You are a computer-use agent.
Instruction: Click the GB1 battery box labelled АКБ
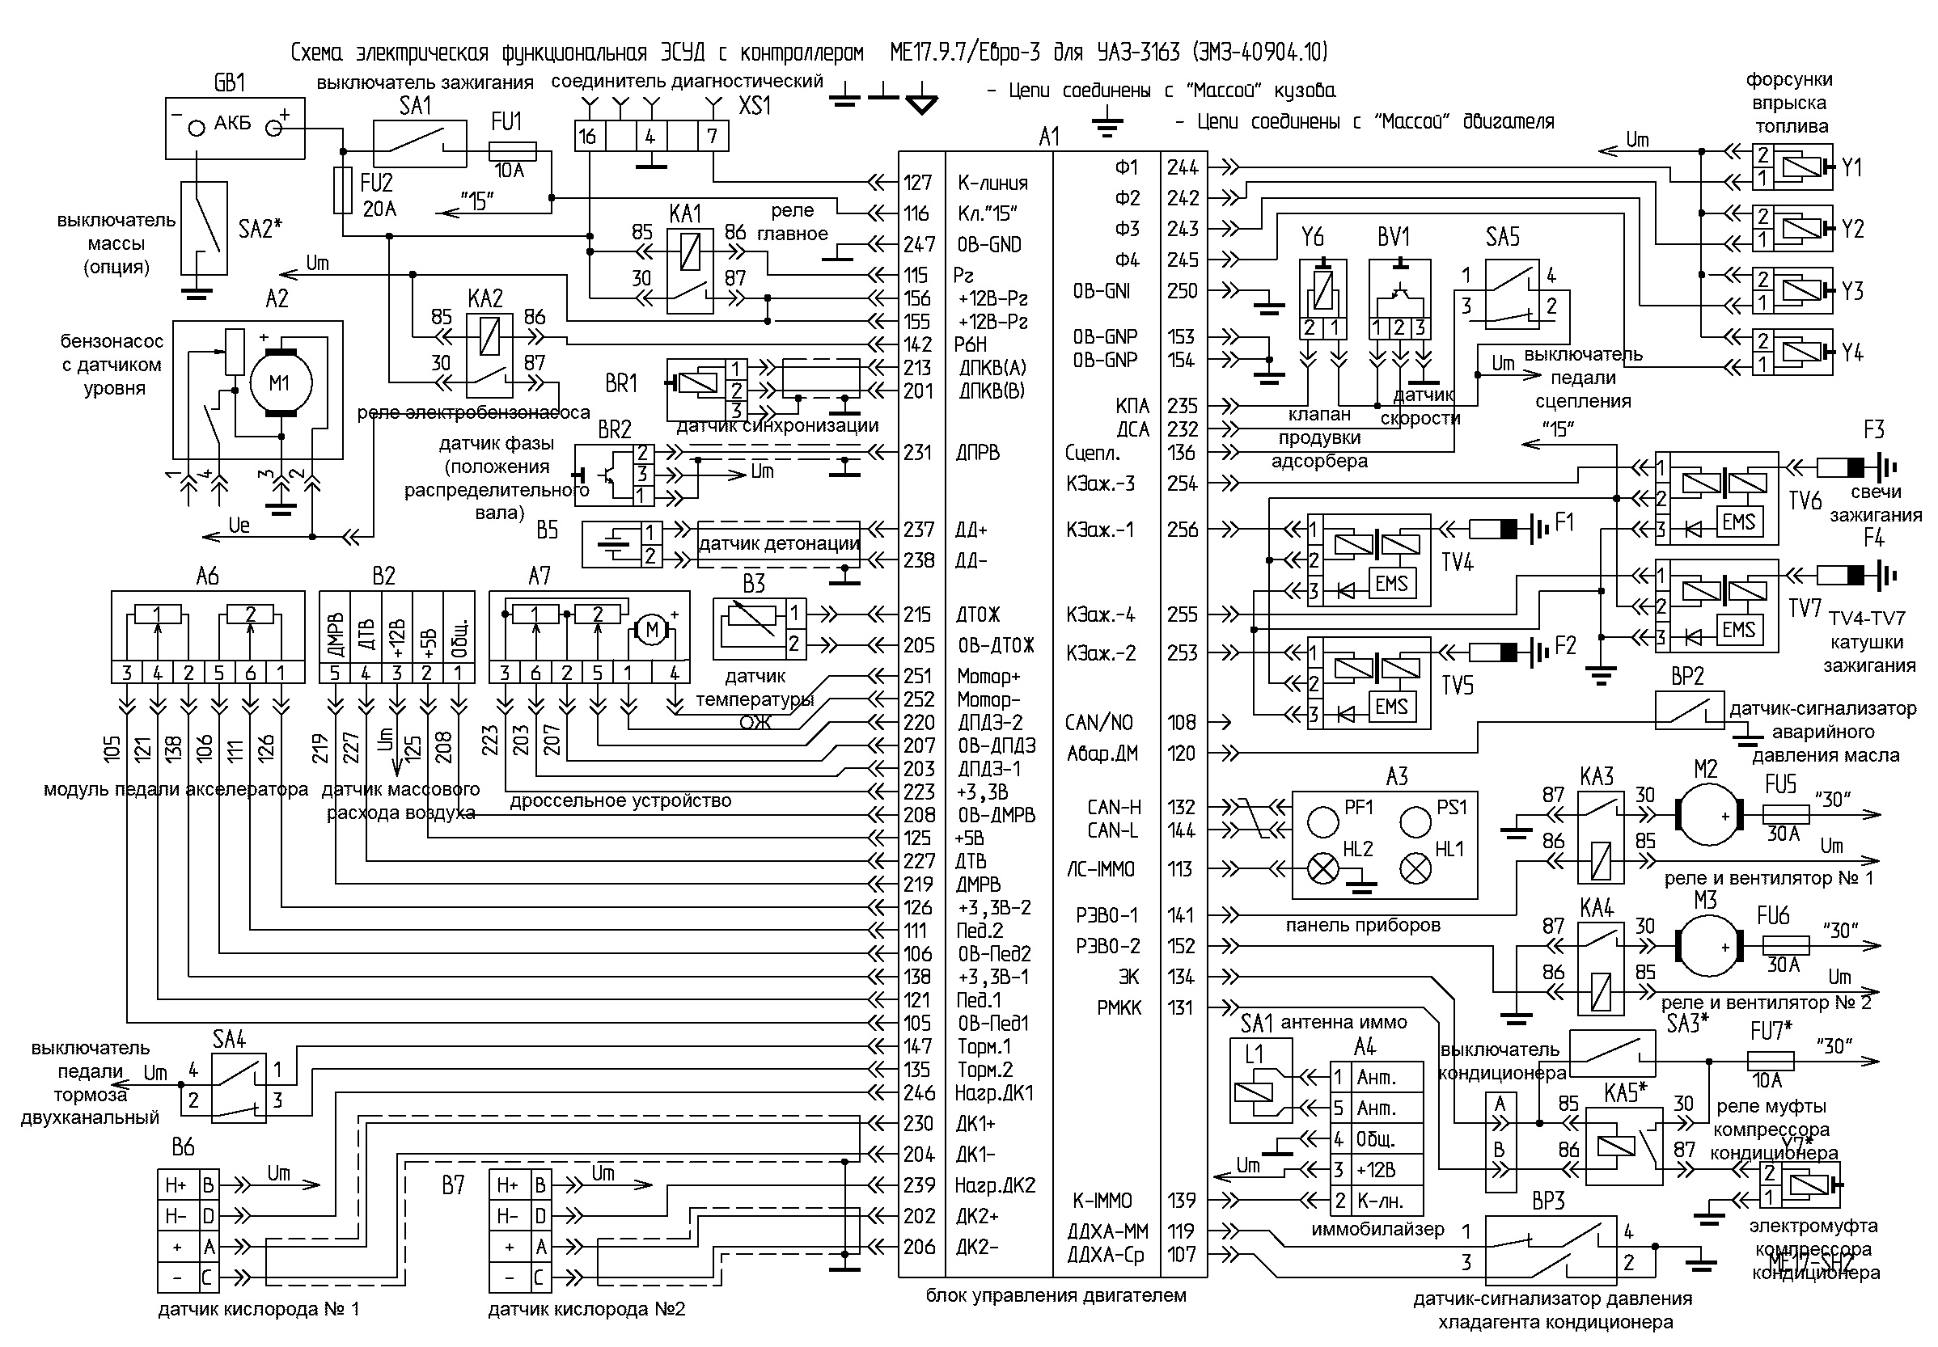pyautogui.click(x=234, y=129)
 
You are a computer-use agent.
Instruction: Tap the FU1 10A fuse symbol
pyautogui.click(x=512, y=151)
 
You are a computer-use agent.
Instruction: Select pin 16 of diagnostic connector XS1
pyautogui.click(x=588, y=136)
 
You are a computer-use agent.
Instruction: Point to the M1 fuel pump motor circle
pyautogui.click(x=279, y=384)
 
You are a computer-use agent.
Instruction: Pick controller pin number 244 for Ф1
pyautogui.click(x=1183, y=168)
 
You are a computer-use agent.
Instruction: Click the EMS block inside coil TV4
pyautogui.click(x=1391, y=584)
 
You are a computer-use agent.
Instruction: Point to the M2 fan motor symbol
pyautogui.click(x=1707, y=815)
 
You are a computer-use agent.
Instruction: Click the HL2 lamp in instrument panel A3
pyautogui.click(x=1322, y=868)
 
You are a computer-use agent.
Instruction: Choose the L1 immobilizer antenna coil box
pyautogui.click(x=1259, y=1081)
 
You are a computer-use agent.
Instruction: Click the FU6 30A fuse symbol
pyautogui.click(x=1785, y=945)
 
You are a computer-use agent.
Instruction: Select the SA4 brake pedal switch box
pyautogui.click(x=237, y=1087)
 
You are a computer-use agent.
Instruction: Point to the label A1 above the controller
pyautogui.click(x=1049, y=137)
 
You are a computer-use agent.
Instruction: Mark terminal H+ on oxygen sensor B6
pyautogui.click(x=176, y=1185)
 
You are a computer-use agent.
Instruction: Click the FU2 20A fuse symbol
pyautogui.click(x=343, y=190)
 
